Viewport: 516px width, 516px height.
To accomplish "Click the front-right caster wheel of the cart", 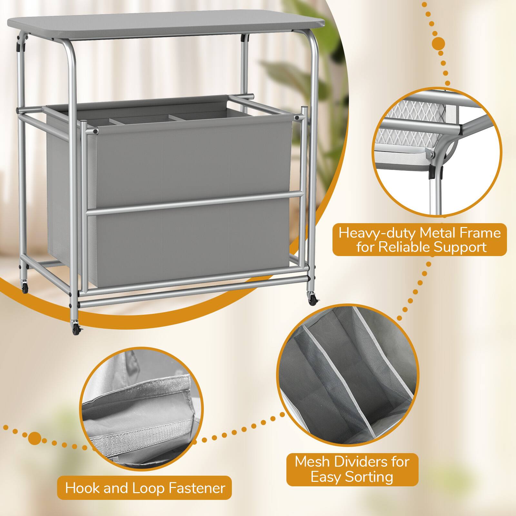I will click(313, 301).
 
